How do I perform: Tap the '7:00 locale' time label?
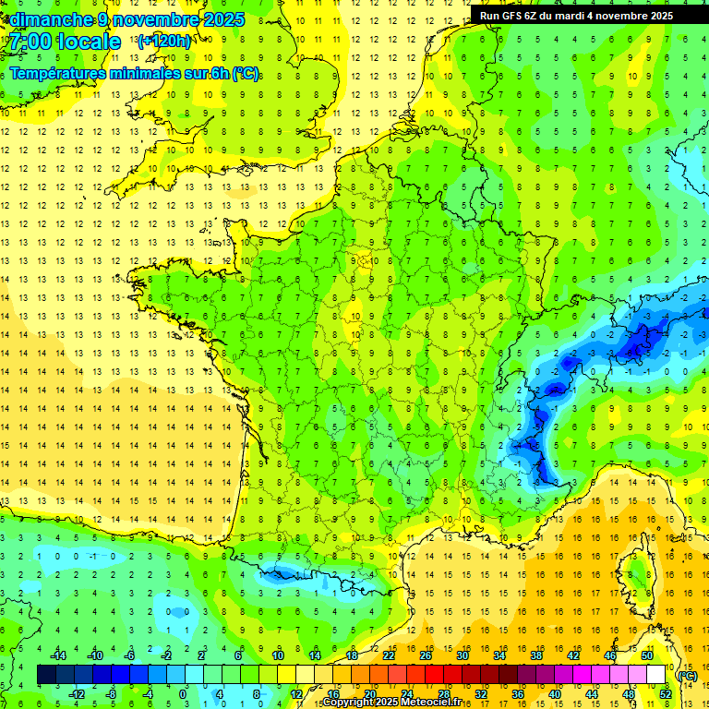click(x=65, y=42)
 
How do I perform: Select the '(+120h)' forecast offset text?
click(x=163, y=42)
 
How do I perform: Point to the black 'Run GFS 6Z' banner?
click(x=576, y=15)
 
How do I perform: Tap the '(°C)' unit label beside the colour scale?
click(x=687, y=676)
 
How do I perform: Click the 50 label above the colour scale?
click(x=647, y=655)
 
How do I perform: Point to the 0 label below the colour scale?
click(x=183, y=694)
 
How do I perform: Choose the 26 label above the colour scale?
click(x=425, y=655)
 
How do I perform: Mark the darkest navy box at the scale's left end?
click(x=46, y=675)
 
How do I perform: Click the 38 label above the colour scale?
click(x=536, y=655)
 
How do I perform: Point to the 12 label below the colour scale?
click(x=295, y=694)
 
